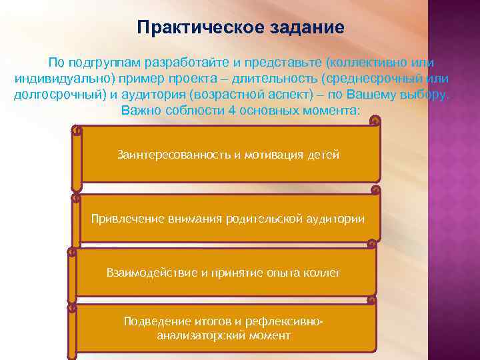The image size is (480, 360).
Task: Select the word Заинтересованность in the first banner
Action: pos(173,155)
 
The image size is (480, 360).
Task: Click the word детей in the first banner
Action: pos(323,155)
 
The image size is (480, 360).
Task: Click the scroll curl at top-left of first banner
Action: pos(77,131)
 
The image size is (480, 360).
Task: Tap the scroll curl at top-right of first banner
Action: pos(375,122)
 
